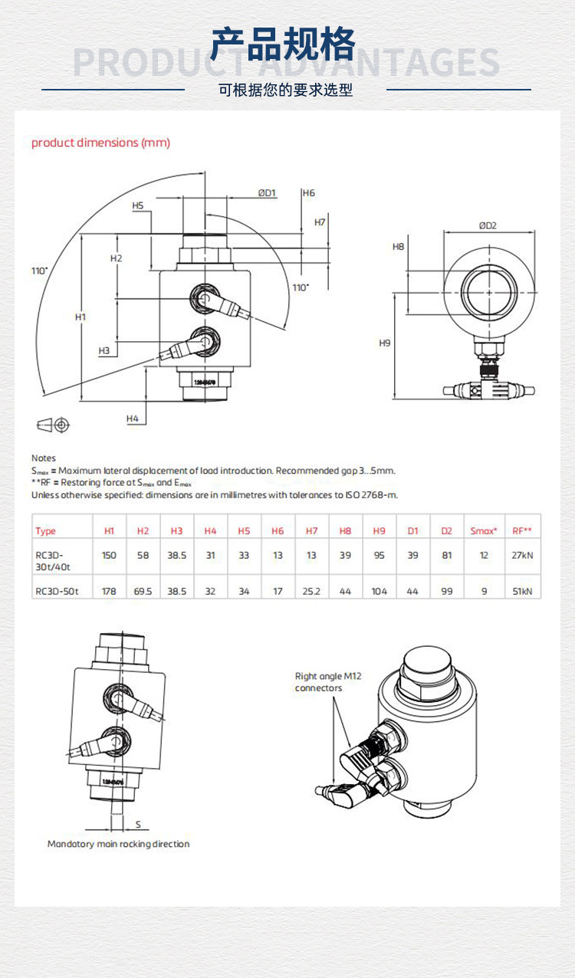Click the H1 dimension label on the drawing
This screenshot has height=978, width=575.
point(80,317)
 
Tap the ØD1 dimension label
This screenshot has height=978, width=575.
point(267,193)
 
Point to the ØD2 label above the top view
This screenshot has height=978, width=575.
point(488,225)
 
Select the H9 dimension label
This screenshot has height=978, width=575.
point(385,343)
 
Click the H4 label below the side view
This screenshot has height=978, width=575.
point(133,418)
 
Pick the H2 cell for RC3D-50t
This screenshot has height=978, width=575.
point(143,592)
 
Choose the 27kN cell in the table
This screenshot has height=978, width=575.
point(522,556)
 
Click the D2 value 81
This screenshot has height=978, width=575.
point(447,556)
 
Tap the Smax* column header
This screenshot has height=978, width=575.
point(484,531)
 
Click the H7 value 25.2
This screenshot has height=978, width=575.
point(311,592)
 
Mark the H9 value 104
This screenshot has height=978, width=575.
point(379,592)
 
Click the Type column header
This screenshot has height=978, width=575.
point(46,531)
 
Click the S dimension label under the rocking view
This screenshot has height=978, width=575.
point(138,824)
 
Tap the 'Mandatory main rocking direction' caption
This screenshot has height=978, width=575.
point(118,844)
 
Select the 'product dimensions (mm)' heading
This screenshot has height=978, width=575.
point(100,143)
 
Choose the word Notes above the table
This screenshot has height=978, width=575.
point(44,458)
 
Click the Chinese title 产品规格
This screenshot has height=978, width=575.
point(284,44)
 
